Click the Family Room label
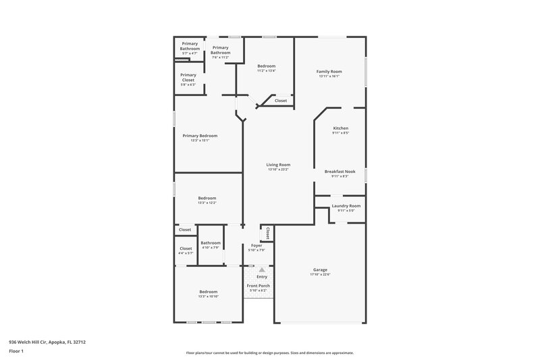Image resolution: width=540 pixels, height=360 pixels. (x=330, y=71)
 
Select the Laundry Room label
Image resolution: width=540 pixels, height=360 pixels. (x=346, y=205)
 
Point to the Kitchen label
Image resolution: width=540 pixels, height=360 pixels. (x=340, y=128)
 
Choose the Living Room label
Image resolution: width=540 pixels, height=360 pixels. (x=277, y=164)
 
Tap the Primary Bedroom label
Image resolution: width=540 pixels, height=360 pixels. (x=200, y=135)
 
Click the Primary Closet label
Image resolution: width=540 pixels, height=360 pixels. (x=188, y=77)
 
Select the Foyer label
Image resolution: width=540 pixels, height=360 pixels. (x=256, y=245)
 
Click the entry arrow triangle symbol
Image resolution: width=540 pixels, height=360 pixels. (x=262, y=269)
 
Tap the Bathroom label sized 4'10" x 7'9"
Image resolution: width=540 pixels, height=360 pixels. (x=210, y=242)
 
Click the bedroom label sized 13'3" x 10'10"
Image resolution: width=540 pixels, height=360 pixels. (x=208, y=292)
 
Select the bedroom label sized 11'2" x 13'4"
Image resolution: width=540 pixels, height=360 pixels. (x=266, y=66)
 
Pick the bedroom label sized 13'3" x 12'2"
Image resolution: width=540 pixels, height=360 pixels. (x=207, y=198)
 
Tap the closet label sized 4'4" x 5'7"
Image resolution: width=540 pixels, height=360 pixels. (x=186, y=248)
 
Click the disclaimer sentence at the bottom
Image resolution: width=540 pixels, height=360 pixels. (x=269, y=353)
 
